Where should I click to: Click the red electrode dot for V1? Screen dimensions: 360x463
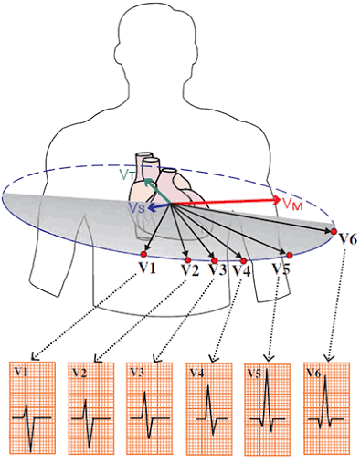tap(143, 254)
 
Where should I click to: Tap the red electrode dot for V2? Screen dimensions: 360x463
tap(187, 259)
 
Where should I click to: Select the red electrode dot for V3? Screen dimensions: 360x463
tap(215, 260)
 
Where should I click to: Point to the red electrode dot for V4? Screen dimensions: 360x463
tap(243, 260)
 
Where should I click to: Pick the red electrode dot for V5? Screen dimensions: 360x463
tap(290, 255)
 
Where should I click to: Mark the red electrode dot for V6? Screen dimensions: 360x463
tap(334, 231)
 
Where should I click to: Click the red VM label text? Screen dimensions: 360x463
tap(292, 204)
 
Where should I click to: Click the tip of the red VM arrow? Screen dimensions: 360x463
tap(280, 200)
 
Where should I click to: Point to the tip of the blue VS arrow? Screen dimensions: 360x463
tap(148, 209)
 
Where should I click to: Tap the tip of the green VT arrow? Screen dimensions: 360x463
tap(144, 179)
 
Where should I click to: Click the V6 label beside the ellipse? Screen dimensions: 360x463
tap(348, 240)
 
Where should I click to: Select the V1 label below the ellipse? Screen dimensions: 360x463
tap(147, 268)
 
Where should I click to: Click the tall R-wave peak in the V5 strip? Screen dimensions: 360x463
tap(267, 369)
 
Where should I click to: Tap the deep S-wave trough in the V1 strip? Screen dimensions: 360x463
tap(31, 451)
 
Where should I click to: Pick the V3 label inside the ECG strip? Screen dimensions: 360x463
tap(137, 372)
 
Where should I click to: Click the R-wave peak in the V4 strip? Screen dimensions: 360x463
tap(208, 385)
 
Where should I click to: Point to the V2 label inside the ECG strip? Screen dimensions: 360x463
tap(79, 373)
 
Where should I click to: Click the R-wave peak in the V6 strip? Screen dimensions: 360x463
tap(325, 376)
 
